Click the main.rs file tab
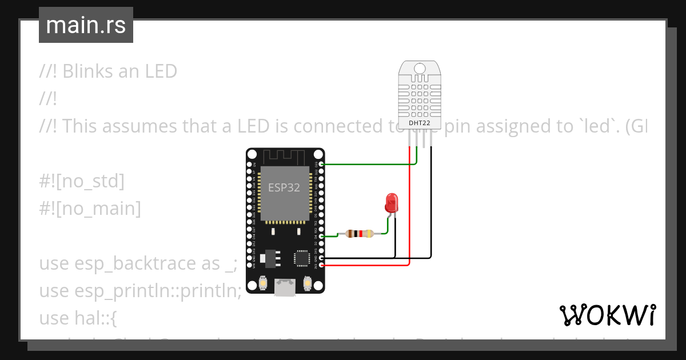pyautogui.click(x=86, y=25)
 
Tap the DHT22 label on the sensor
pyautogui.click(x=420, y=123)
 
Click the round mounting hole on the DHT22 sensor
pyautogui.click(x=420, y=68)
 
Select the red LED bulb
pyautogui.click(x=392, y=203)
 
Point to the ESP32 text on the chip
pyautogui.click(x=284, y=187)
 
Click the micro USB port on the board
pyautogui.click(x=285, y=287)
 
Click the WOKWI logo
pyautogui.click(x=607, y=315)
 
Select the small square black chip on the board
pyautogui.click(x=302, y=258)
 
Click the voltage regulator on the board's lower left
pyautogui.click(x=271, y=259)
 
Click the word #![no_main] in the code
pyautogui.click(x=90, y=209)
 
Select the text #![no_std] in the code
pyautogui.click(x=81, y=182)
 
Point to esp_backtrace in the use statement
pyautogui.click(x=147, y=263)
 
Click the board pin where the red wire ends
pyautogui.click(x=322, y=266)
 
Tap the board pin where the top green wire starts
pyautogui.click(x=322, y=164)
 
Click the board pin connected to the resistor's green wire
pyautogui.click(x=322, y=236)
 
